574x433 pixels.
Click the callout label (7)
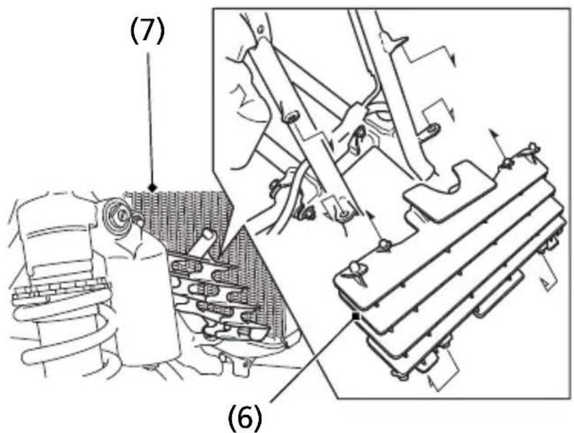tap(148, 31)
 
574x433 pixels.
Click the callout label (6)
tap(245, 417)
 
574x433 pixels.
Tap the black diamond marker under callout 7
tap(152, 188)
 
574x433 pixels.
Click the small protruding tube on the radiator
tap(202, 243)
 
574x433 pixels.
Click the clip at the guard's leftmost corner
tap(357, 273)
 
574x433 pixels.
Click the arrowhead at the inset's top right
tap(452, 60)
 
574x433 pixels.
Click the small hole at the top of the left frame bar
tap(261, 29)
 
